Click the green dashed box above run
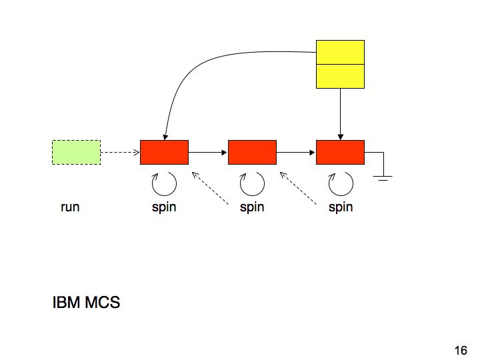tap(76, 152)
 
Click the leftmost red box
tap(164, 152)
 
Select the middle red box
tap(252, 152)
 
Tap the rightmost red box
tap(340, 152)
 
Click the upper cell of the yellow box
tap(340, 52)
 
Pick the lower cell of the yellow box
tap(340, 76)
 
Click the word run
tap(70, 207)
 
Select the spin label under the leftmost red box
tap(164, 207)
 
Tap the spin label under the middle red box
tap(252, 207)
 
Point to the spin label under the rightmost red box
tap(340, 207)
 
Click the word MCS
tap(102, 303)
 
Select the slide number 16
tap(460, 350)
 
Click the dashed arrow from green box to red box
tap(120, 152)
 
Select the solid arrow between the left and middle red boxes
tap(208, 152)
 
